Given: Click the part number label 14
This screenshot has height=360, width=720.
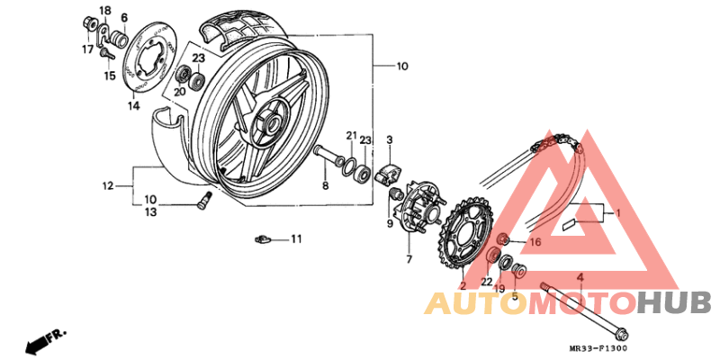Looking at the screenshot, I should tap(133, 105).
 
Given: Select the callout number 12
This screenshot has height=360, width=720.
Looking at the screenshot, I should tap(108, 186).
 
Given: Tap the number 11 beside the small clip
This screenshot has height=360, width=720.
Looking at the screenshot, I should tap(296, 238).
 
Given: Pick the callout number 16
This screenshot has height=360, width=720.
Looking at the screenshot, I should tap(535, 242).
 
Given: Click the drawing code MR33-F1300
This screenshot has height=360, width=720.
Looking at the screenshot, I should tap(598, 348).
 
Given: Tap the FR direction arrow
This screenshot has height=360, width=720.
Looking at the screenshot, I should tap(45, 340).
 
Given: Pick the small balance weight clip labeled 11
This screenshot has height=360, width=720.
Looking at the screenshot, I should tap(262, 238).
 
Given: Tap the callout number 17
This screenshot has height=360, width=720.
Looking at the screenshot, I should tap(88, 49).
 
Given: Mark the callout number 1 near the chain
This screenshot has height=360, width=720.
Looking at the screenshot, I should tap(618, 213).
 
